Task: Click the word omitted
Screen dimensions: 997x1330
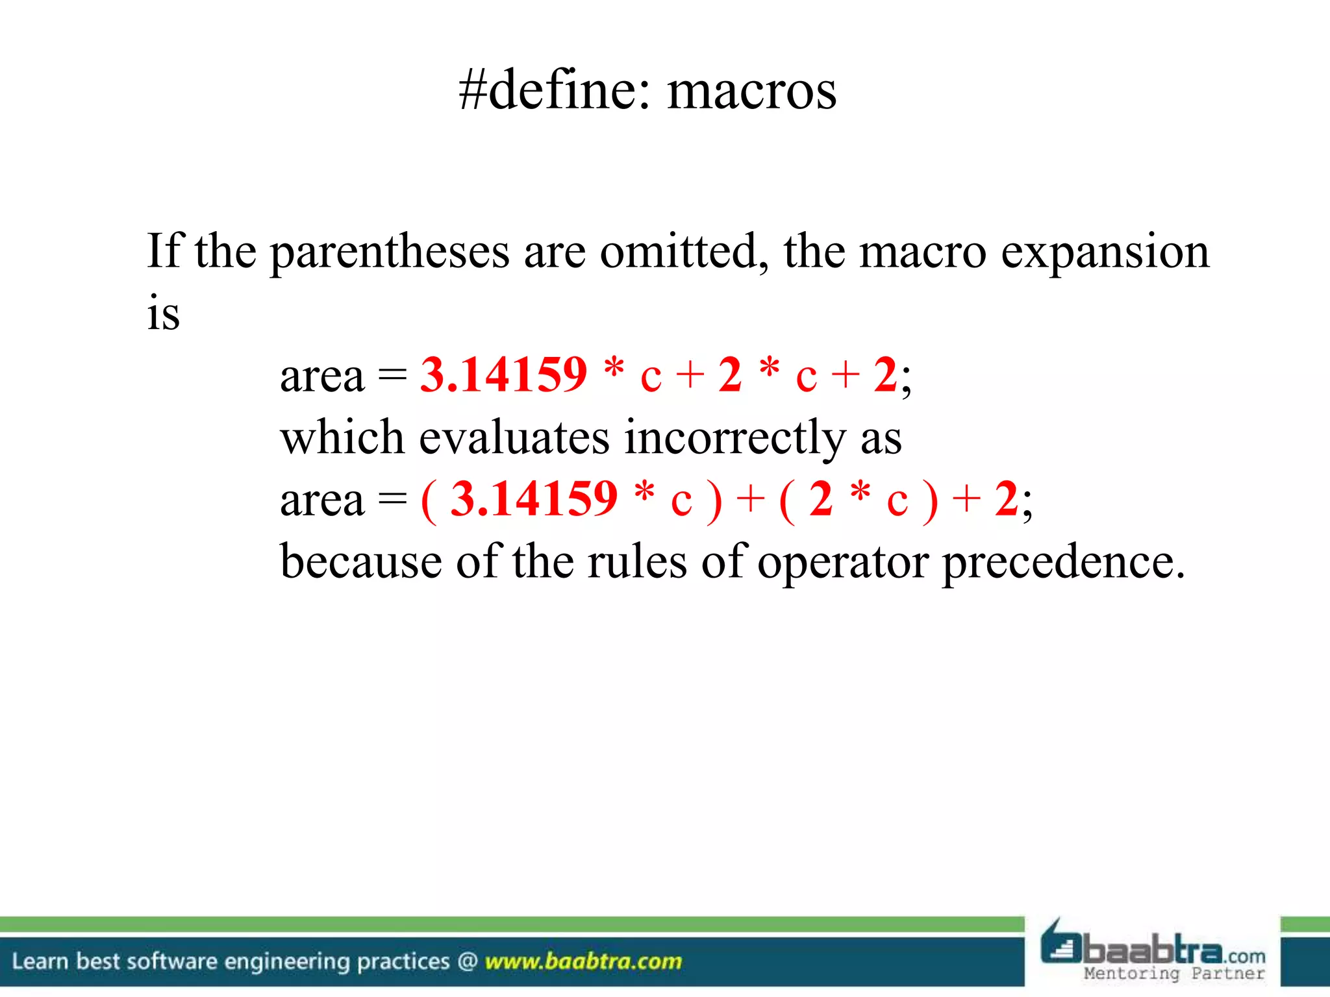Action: pyautogui.click(x=679, y=251)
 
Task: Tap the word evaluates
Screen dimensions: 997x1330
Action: pyautogui.click(x=514, y=437)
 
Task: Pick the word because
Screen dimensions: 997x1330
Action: pyautogui.click(x=360, y=561)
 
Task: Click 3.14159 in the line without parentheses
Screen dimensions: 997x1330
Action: pyautogui.click(x=503, y=375)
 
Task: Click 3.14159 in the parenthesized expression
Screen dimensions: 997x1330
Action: pyautogui.click(x=534, y=499)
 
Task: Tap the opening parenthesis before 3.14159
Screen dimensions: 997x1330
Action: pyautogui.click(x=428, y=500)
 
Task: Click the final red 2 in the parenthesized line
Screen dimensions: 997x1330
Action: pyautogui.click(x=1006, y=499)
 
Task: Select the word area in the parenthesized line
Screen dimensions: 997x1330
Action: pyautogui.click(x=322, y=500)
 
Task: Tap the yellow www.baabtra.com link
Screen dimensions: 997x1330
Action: pyautogui.click(x=583, y=961)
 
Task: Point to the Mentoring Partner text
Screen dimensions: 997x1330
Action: pyautogui.click(x=1174, y=974)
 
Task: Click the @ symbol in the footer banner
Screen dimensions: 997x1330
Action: pyautogui.click(x=467, y=961)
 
